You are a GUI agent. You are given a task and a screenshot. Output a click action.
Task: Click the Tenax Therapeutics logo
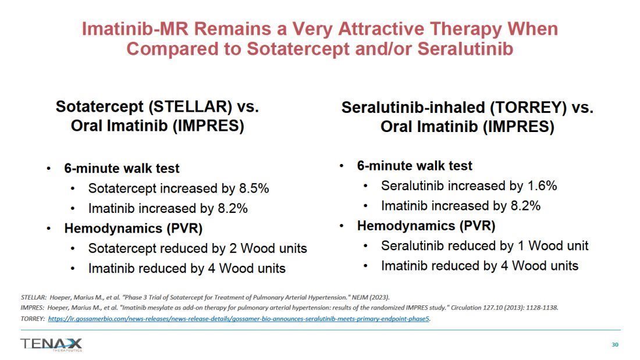tap(51, 344)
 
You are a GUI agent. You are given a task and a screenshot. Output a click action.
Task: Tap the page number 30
tap(615, 344)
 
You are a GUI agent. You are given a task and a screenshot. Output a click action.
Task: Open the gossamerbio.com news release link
tap(239, 319)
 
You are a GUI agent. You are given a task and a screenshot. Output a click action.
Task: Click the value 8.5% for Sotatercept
tap(254, 188)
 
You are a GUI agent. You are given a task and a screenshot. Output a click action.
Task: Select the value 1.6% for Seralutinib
tap(542, 186)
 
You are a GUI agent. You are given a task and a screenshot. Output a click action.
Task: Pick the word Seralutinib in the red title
tap(465, 49)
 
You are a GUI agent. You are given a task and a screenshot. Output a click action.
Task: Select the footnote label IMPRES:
tap(33, 308)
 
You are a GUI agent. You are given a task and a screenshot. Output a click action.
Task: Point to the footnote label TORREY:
tap(33, 319)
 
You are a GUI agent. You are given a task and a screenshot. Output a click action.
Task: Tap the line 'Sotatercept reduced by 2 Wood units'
tap(198, 248)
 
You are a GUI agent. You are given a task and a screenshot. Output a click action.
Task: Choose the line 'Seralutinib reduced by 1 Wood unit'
tap(485, 245)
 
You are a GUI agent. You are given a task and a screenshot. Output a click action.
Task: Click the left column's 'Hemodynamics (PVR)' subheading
tap(133, 229)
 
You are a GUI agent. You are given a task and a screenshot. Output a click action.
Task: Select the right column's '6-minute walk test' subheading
tap(414, 166)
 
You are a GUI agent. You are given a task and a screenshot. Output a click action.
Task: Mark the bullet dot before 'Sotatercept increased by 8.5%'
tap(73, 189)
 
